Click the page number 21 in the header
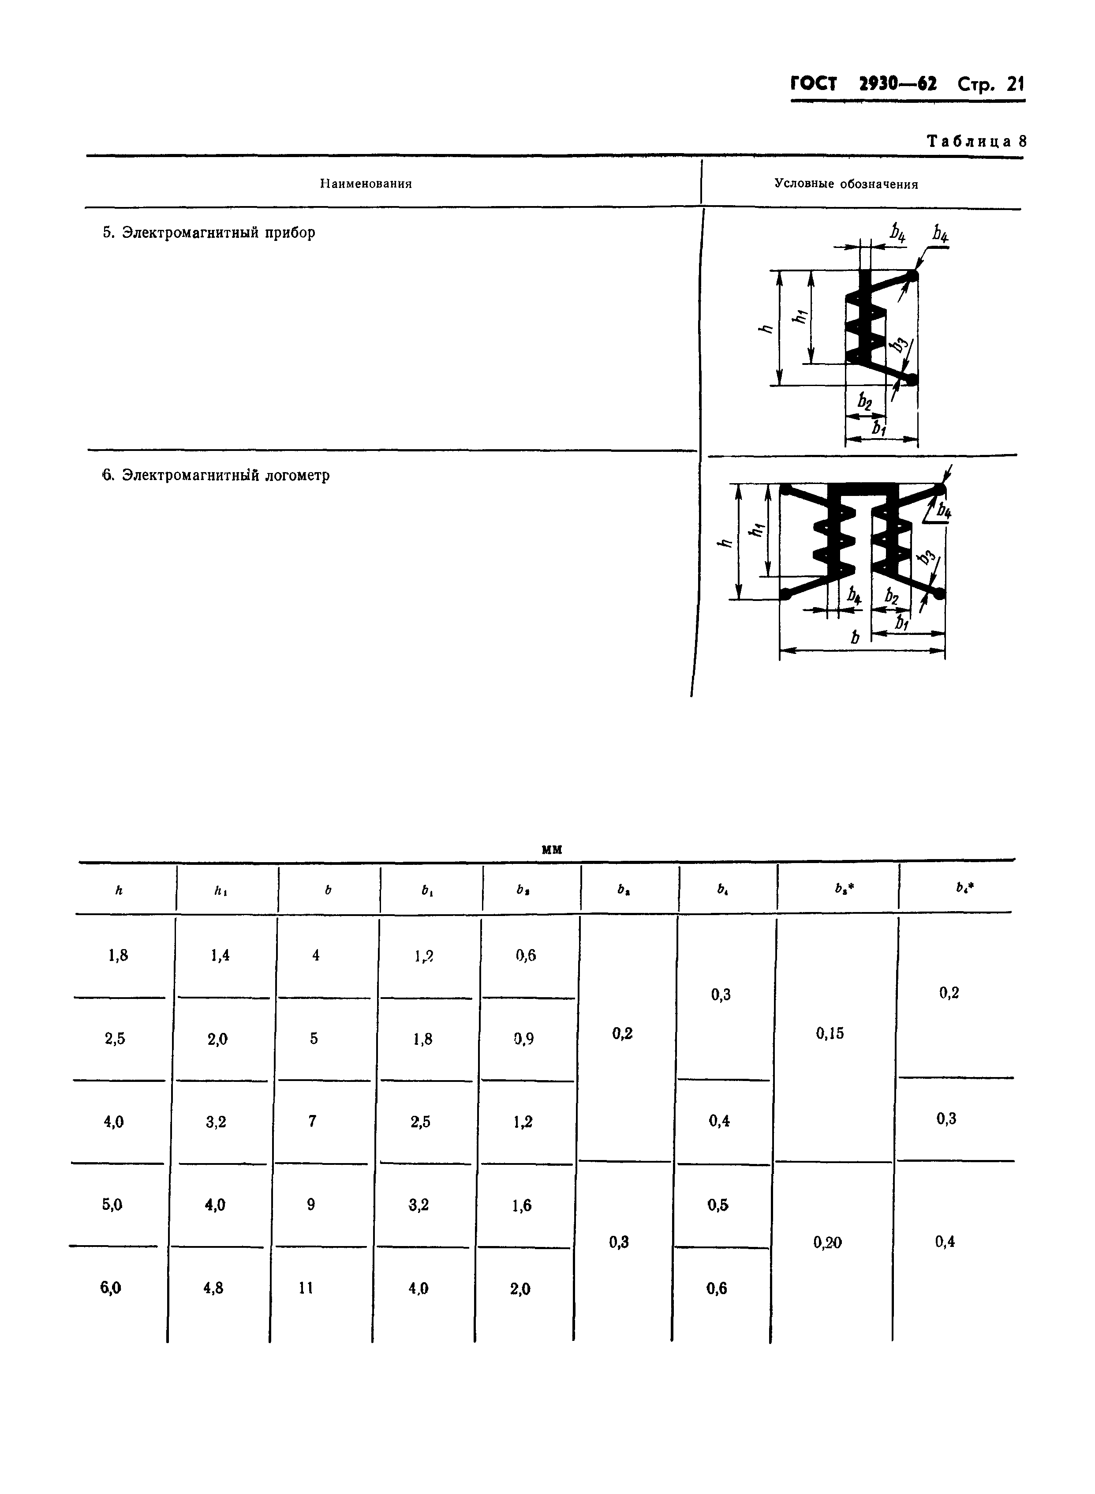click(x=1015, y=84)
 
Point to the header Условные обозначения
click(x=846, y=184)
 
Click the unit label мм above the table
click(x=552, y=849)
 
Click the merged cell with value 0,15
click(x=830, y=1033)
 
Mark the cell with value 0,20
click(x=827, y=1242)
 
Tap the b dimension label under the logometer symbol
click(x=855, y=638)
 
